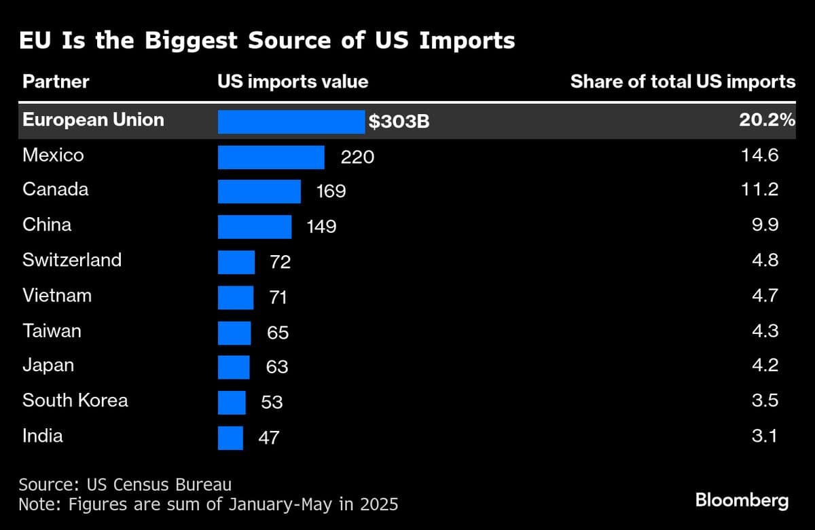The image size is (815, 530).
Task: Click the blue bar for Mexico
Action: pos(271,157)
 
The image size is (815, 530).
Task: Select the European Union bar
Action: pos(291,121)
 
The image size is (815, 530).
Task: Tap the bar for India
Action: pos(230,437)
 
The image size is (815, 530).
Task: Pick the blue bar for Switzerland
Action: pos(236,261)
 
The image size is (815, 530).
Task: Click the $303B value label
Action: pos(399,122)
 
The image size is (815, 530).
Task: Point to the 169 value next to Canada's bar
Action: pos(331,191)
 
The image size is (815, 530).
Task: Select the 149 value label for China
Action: pos(321,227)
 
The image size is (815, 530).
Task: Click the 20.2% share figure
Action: pos(767,120)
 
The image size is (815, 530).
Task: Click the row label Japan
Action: pos(48,365)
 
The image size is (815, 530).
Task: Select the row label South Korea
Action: pos(75,400)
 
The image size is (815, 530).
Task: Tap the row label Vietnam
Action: pos(56,295)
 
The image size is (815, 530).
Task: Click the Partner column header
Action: pos(56,82)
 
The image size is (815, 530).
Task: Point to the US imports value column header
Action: pos(293,82)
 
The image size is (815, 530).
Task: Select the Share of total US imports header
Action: pos(683,82)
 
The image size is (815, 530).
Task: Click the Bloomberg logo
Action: pos(742,501)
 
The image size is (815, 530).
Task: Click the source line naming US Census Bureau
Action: pos(125,485)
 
